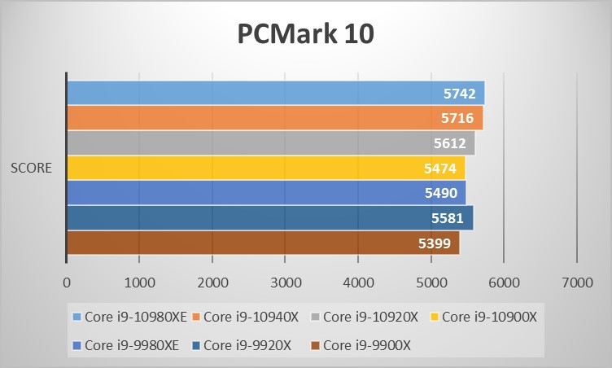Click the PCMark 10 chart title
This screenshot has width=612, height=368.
click(305, 34)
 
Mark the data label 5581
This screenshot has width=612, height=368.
click(447, 218)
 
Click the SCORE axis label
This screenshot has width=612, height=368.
click(31, 169)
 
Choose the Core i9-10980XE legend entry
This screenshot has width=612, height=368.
click(129, 317)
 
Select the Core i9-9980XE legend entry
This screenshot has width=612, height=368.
click(126, 345)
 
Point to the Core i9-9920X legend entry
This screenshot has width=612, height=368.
click(242, 345)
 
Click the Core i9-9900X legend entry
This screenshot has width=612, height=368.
click(361, 345)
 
